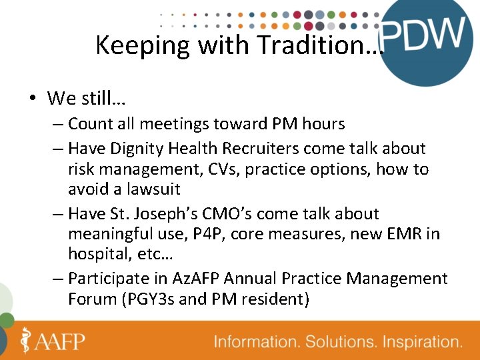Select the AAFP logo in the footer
pyautogui.click(x=53, y=341)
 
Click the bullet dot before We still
pyautogui.click(x=31, y=99)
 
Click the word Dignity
pyautogui.click(x=149, y=148)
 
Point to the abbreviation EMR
pyautogui.click(x=405, y=235)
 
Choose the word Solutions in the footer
pyautogui.click(x=334, y=342)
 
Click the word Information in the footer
pyautogui.click(x=256, y=342)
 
